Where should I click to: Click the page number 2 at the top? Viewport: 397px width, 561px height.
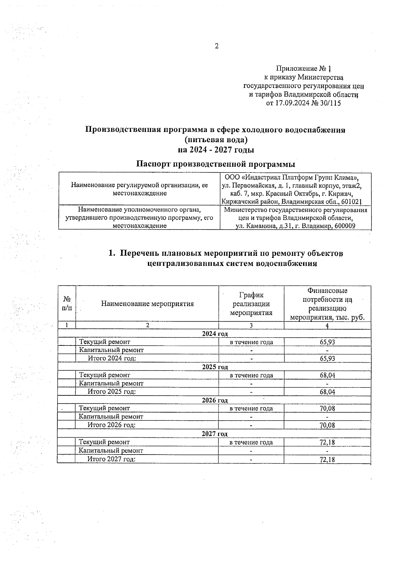coord(217,46)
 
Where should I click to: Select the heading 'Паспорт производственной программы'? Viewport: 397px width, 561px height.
coord(216,164)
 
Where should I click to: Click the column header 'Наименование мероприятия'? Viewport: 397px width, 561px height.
coord(147,303)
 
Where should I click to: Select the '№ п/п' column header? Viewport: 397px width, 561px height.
coord(67,303)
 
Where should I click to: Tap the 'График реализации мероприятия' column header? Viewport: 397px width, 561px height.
coord(251,303)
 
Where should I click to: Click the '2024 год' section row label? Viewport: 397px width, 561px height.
coord(215,334)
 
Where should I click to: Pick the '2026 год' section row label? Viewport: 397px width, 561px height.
coord(215,401)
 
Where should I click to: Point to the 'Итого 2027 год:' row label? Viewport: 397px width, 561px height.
coord(111,459)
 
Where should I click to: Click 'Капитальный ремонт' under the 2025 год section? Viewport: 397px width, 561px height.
coord(111,383)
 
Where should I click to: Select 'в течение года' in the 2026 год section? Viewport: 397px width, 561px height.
coord(251,409)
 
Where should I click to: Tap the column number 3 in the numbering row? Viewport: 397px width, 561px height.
coord(251,325)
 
